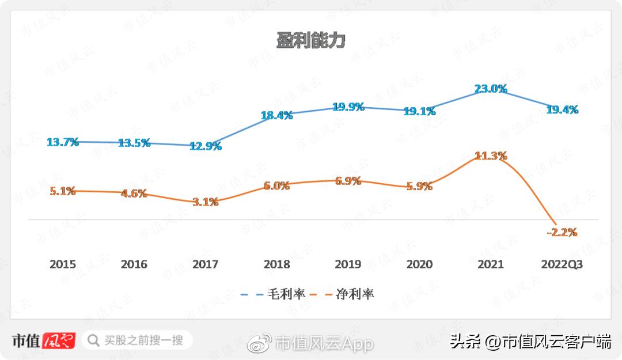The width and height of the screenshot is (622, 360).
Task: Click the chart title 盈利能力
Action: [310, 41]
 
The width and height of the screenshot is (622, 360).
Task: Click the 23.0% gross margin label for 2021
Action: [491, 89]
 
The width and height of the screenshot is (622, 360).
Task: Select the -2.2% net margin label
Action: [562, 232]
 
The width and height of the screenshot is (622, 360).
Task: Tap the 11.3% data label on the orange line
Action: [491, 156]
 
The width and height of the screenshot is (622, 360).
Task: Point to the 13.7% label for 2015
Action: [63, 142]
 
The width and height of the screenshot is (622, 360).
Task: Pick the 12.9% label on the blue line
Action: [205, 146]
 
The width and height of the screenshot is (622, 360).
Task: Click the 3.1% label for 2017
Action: [205, 202]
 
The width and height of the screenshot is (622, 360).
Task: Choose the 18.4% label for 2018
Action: [276, 115]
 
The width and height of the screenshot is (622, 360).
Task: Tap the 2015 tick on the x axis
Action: [63, 264]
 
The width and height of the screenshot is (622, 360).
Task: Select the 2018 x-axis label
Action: [276, 264]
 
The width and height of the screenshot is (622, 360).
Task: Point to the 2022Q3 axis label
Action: [562, 264]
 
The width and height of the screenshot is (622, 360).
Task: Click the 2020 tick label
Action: [419, 264]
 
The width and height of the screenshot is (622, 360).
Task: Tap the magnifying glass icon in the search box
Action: [93, 340]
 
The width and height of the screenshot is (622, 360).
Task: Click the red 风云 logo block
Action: [59, 340]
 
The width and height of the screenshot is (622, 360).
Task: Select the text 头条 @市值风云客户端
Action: [530, 342]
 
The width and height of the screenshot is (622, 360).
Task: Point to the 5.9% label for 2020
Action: [419, 186]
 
